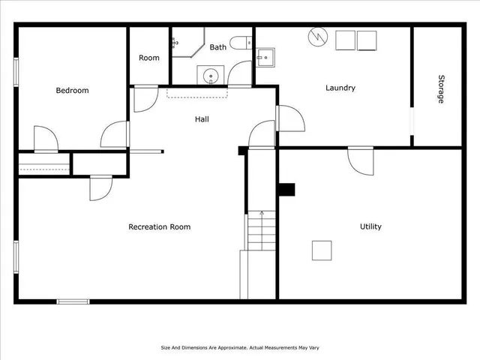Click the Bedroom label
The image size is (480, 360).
(x=72, y=91)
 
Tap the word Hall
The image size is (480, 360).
(x=202, y=119)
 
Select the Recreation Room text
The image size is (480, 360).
(x=159, y=227)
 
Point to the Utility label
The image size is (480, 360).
(x=370, y=227)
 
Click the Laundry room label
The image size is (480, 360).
(x=340, y=88)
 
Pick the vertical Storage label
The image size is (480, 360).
(x=441, y=88)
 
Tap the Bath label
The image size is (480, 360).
(x=217, y=47)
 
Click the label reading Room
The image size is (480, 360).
(x=148, y=58)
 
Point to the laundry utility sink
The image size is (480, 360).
(x=265, y=57)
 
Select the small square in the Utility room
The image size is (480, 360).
(x=322, y=250)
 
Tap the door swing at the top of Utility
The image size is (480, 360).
(x=361, y=160)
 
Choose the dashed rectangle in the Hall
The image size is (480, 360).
(x=196, y=92)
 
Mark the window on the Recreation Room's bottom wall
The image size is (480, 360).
(x=73, y=301)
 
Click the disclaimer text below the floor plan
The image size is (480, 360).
(x=239, y=347)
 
